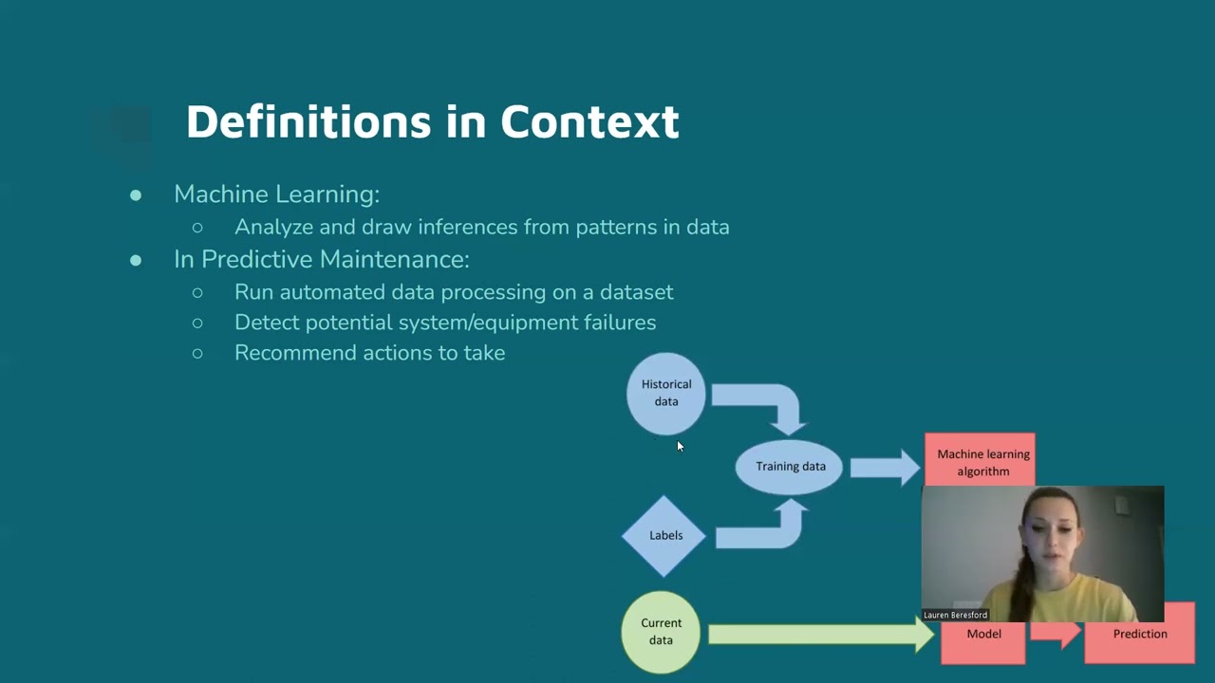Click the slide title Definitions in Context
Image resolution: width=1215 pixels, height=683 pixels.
(x=432, y=122)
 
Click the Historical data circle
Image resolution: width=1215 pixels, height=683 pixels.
(x=665, y=393)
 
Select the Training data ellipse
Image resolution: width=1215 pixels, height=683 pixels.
(x=790, y=466)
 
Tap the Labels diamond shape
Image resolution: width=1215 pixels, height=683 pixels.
(x=664, y=535)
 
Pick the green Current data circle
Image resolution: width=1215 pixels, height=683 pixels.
(x=661, y=632)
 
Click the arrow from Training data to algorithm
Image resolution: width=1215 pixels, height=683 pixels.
(x=883, y=467)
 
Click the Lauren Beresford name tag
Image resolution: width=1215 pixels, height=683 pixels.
(x=955, y=615)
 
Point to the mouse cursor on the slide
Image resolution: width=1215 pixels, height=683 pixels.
(x=680, y=446)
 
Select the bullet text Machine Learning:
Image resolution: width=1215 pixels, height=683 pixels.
(x=276, y=194)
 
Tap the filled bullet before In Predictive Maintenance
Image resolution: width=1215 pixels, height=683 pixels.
(x=136, y=260)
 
